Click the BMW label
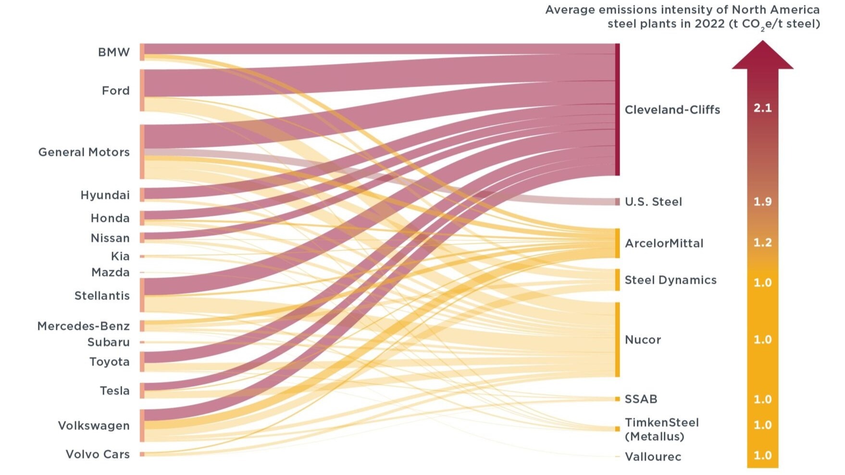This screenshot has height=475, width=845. (113, 52)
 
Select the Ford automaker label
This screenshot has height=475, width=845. (115, 90)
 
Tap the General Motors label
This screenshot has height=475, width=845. (84, 152)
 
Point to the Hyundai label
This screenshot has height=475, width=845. (105, 195)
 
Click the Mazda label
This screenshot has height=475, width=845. (110, 272)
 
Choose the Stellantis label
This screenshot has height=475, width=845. (102, 295)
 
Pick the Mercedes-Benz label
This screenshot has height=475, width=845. (83, 326)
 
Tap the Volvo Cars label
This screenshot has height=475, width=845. (98, 454)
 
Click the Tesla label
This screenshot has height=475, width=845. (114, 390)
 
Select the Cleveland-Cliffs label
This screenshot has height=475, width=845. (672, 110)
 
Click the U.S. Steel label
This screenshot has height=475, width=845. (653, 202)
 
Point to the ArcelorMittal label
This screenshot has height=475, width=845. (664, 243)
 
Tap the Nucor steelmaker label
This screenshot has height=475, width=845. (643, 340)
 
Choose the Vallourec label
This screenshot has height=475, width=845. (653, 456)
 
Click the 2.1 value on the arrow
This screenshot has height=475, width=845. (762, 108)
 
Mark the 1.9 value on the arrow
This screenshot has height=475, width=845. (762, 201)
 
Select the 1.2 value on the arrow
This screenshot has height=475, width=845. (762, 243)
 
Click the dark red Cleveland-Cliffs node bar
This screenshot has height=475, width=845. (617, 110)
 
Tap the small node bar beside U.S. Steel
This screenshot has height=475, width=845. (617, 202)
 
